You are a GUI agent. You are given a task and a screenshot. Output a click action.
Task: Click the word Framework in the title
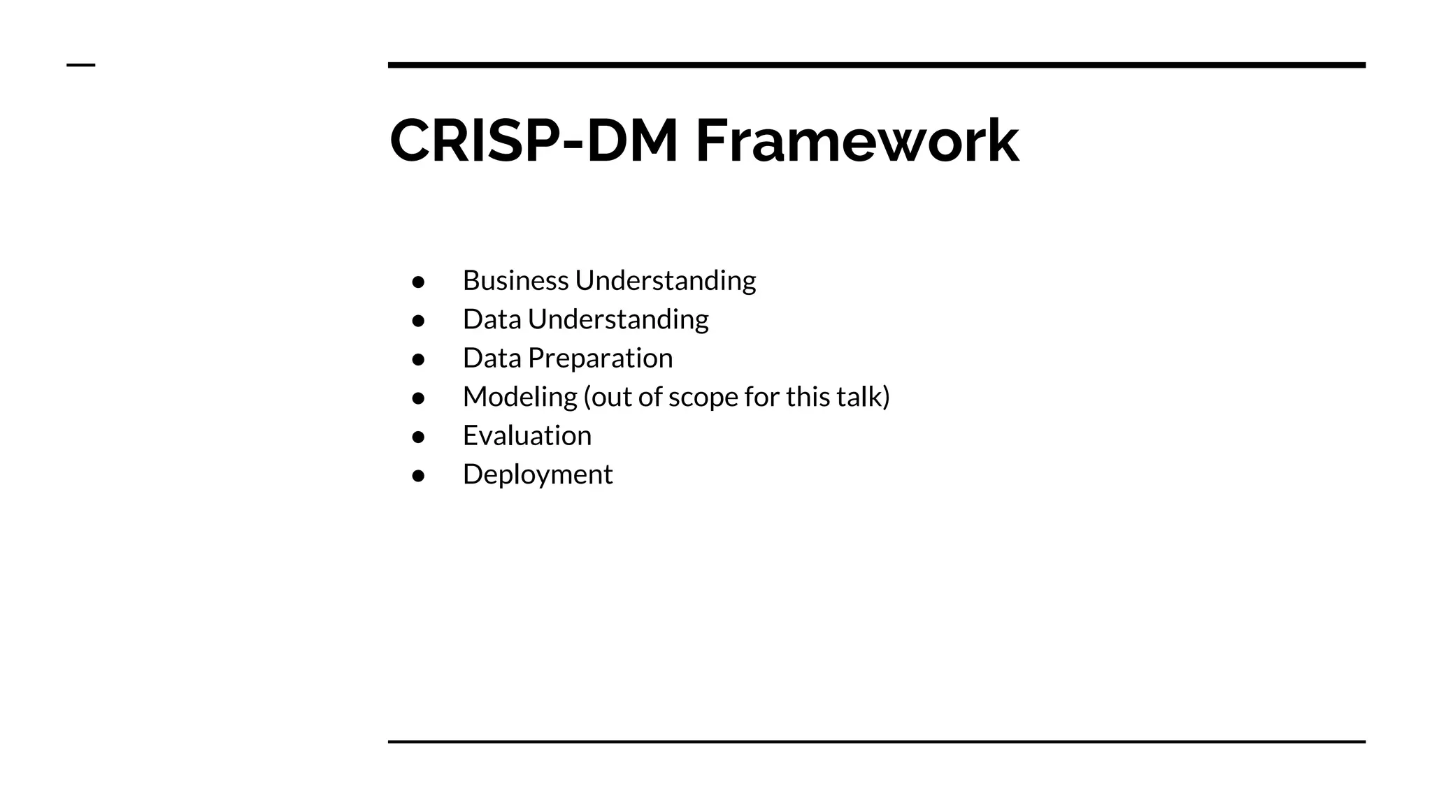point(857,141)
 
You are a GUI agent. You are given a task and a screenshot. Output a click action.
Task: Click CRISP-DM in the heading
point(534,141)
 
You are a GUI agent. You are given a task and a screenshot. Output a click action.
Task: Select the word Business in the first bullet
point(515,280)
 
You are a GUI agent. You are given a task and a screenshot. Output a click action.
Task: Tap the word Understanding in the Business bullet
point(665,280)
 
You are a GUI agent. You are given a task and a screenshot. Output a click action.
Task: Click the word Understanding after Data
point(617,319)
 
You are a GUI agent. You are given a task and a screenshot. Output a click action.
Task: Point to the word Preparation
point(600,358)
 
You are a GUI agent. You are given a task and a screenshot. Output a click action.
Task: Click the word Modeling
point(520,397)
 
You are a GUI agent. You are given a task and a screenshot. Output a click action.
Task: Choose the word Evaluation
point(527,435)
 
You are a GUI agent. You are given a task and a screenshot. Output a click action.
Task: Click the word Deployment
point(537,474)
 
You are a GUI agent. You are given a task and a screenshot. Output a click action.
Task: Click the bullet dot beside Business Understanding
point(418,282)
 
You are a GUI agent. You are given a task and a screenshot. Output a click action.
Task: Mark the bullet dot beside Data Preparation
point(418,359)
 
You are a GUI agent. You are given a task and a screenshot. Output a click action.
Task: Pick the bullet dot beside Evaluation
point(418,437)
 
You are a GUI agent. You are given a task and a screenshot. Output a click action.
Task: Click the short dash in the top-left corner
point(80,65)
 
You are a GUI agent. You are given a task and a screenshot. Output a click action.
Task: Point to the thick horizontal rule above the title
point(876,65)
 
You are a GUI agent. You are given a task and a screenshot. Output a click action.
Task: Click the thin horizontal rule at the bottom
point(876,741)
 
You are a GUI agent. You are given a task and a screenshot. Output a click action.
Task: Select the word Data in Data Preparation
point(492,358)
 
